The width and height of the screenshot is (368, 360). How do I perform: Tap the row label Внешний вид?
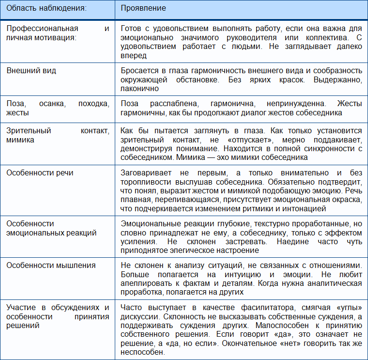pos(31,71)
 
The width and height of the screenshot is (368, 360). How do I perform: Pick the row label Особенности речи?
pos(40,173)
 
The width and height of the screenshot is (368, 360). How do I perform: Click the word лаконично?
pos(139,89)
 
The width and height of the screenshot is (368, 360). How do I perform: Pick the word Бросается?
pos(138,71)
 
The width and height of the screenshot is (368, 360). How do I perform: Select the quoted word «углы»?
pos(338,308)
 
